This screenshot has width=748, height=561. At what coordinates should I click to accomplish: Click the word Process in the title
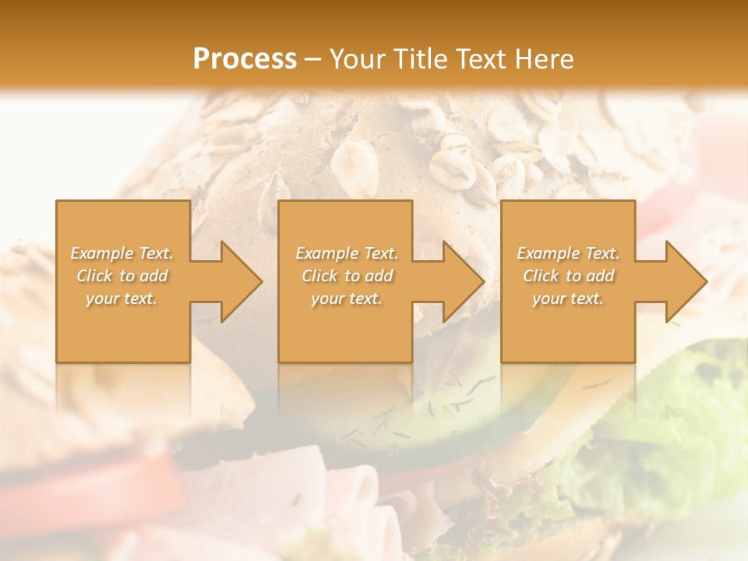245,59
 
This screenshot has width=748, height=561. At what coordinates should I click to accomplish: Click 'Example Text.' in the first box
122,253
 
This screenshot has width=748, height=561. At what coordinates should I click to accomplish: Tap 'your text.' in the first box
122,298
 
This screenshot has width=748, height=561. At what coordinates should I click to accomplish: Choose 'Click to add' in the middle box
347,276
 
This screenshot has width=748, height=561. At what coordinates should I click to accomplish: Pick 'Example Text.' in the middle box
347,253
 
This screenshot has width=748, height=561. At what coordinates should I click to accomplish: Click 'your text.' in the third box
568,298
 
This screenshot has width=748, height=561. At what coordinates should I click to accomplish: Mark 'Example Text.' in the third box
568,253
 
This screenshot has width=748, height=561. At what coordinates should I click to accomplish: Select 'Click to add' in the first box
122,276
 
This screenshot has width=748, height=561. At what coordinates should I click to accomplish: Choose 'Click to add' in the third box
568,276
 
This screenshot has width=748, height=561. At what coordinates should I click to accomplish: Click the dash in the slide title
313,59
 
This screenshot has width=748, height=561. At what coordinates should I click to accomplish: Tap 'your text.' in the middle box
347,298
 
